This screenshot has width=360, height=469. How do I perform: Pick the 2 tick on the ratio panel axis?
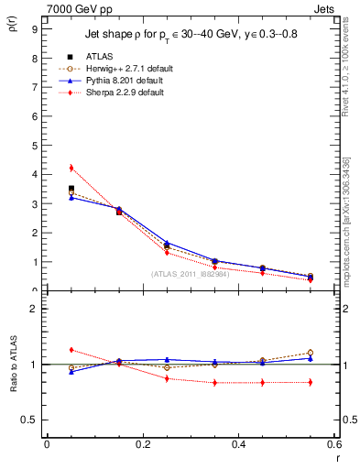pyautogui.click(x=34, y=309)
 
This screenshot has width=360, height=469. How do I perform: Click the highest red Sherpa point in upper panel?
pyautogui.click(x=71, y=168)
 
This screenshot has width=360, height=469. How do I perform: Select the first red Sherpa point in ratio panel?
pyautogui.click(x=71, y=350)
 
